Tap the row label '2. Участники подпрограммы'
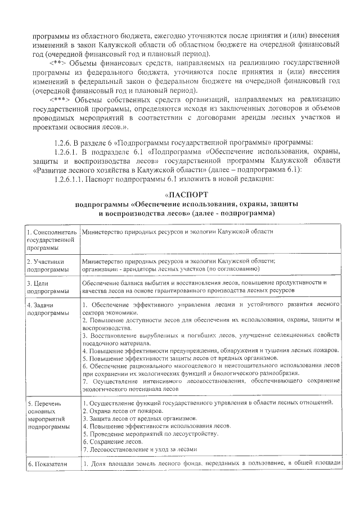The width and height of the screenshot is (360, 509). (48, 265)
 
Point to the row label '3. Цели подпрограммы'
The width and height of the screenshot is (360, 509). (48, 287)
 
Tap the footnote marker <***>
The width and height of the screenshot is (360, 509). (61, 99)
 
